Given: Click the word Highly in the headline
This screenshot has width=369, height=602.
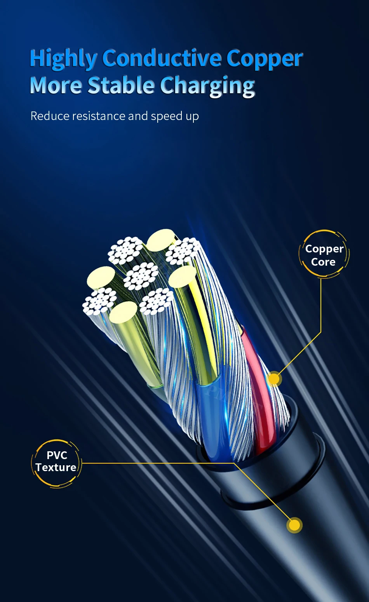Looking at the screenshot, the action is [x=63, y=59].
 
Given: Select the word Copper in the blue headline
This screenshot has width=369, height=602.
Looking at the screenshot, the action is [x=264, y=59].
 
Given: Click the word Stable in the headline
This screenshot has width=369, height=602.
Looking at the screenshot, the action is [x=121, y=85].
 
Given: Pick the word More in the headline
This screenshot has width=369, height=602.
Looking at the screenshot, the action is [x=56, y=85].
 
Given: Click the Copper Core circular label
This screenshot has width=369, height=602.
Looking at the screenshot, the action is [x=324, y=255].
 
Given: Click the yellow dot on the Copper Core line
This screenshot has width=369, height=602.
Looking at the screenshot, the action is [x=275, y=379].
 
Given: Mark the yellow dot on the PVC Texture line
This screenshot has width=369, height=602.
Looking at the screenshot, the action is [x=294, y=525].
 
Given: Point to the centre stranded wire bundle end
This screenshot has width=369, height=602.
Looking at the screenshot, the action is [x=141, y=276].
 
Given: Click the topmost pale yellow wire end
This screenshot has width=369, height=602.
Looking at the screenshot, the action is [x=160, y=240].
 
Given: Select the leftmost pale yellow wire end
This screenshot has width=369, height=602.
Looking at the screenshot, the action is [x=101, y=277].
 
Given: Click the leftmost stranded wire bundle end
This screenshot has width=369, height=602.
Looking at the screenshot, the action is [x=99, y=301].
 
